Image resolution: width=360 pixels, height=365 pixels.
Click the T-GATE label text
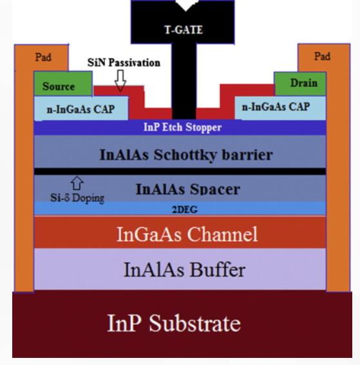tap(184, 30)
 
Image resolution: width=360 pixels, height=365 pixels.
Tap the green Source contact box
tap(63, 84)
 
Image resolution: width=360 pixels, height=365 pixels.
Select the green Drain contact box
tap(300, 84)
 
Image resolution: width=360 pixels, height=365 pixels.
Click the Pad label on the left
tap(43, 57)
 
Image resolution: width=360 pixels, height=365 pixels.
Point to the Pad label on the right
tap(322, 56)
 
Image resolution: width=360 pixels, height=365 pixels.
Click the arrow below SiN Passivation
tap(120, 81)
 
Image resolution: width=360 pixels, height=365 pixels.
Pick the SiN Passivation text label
tap(124, 63)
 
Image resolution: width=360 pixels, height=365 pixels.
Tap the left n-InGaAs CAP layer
tap(81, 108)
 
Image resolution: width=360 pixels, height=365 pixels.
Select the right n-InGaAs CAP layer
tap(280, 108)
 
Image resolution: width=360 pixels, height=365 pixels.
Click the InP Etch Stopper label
tap(183, 127)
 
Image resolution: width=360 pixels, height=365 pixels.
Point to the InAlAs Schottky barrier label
tap(186, 155)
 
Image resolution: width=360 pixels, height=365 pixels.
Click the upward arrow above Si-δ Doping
tap(77, 183)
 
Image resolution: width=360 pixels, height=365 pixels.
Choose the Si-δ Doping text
tap(77, 198)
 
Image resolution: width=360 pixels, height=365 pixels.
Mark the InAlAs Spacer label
tap(188, 189)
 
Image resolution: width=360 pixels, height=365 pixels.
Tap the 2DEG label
tap(185, 210)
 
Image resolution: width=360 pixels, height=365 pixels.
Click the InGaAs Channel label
tap(187, 234)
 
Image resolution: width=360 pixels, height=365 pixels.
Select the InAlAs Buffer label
tap(185, 270)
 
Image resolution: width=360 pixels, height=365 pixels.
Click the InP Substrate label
tap(174, 323)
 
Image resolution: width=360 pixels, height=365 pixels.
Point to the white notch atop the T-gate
tap(187, 5)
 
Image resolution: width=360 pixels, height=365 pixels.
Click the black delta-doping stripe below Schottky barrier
tap(180, 172)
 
